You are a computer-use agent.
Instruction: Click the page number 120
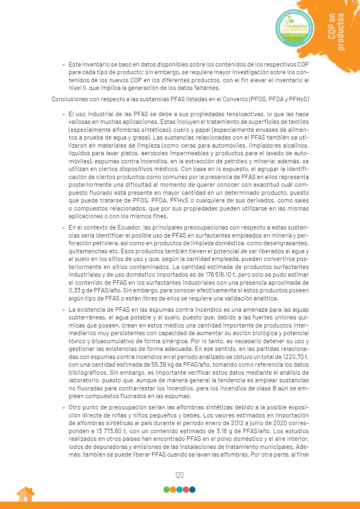click(x=180, y=475)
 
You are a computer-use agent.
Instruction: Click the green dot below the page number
click(x=166, y=490)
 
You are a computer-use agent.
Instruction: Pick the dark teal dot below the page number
click(x=193, y=490)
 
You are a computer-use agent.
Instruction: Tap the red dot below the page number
click(x=186, y=490)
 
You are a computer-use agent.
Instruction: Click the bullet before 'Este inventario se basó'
click(x=64, y=65)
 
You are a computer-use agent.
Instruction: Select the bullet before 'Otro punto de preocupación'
click(x=64, y=408)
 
